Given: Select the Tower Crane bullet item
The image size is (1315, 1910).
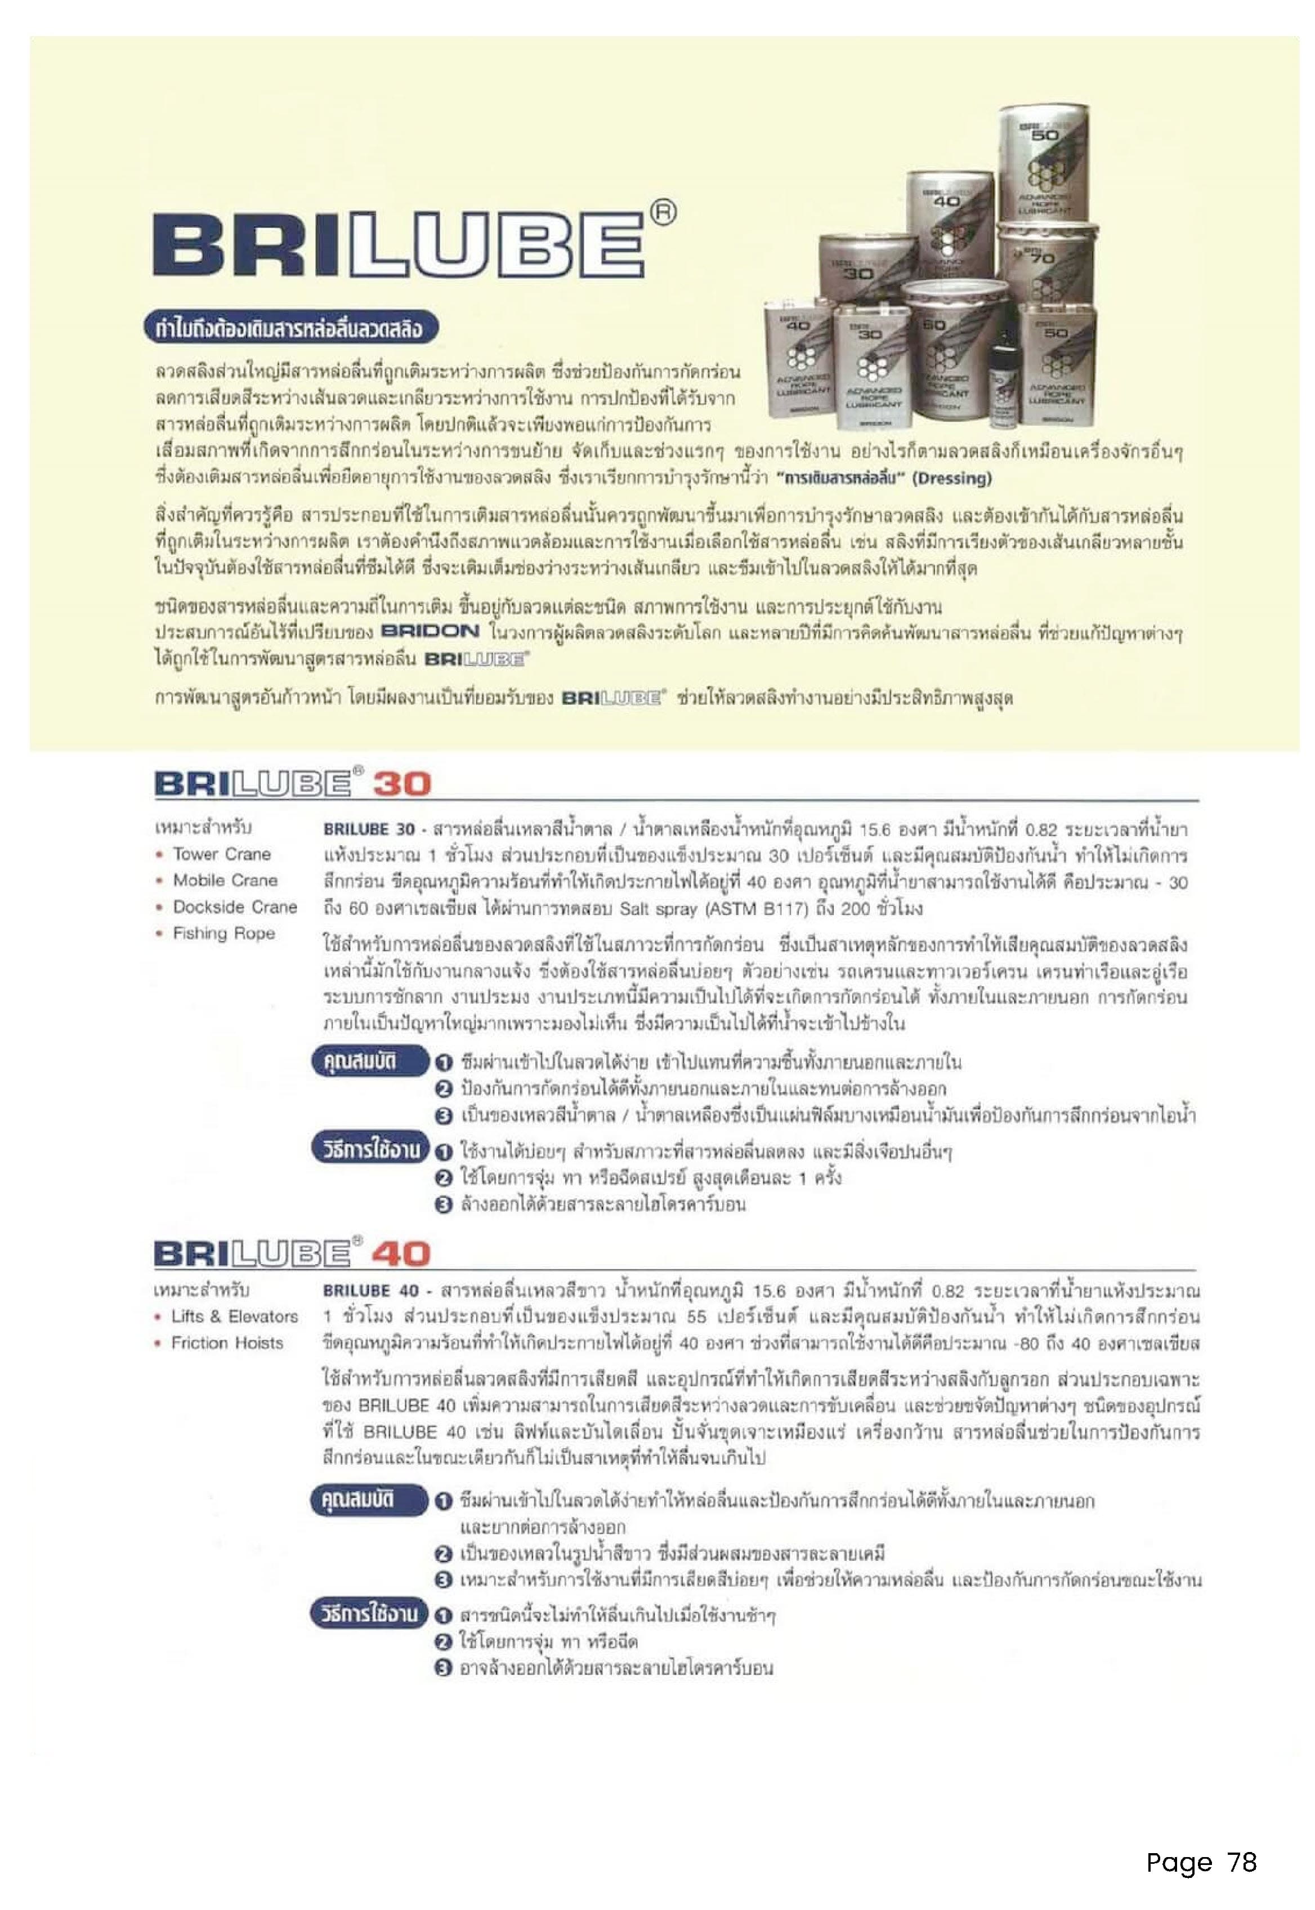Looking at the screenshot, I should coord(221,854).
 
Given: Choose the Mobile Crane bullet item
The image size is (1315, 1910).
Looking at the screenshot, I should coord(224,881).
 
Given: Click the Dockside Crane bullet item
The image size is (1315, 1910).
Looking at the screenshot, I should coord(234,907).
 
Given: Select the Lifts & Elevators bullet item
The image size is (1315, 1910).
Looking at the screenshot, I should coord(234,1317).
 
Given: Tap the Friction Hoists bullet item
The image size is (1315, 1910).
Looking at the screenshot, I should coord(227,1343).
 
